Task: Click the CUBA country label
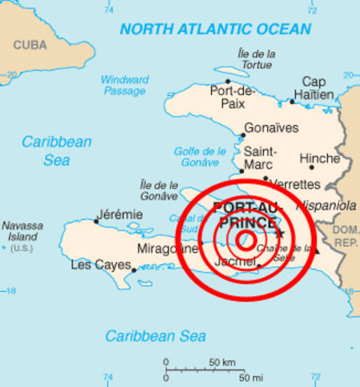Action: coord(30,44)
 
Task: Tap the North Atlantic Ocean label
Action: coord(215,29)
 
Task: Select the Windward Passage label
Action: coord(125,86)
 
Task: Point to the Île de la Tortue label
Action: coord(257,59)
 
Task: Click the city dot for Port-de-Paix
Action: coord(228,81)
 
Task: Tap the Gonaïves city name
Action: coord(271,128)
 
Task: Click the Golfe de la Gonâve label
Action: coord(200,156)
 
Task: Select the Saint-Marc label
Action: coord(260,158)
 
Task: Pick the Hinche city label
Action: coord(319,159)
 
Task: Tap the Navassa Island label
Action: coord(23,236)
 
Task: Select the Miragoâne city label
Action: coord(167,249)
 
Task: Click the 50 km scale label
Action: coord(222,362)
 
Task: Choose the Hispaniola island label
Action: coord(326,206)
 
